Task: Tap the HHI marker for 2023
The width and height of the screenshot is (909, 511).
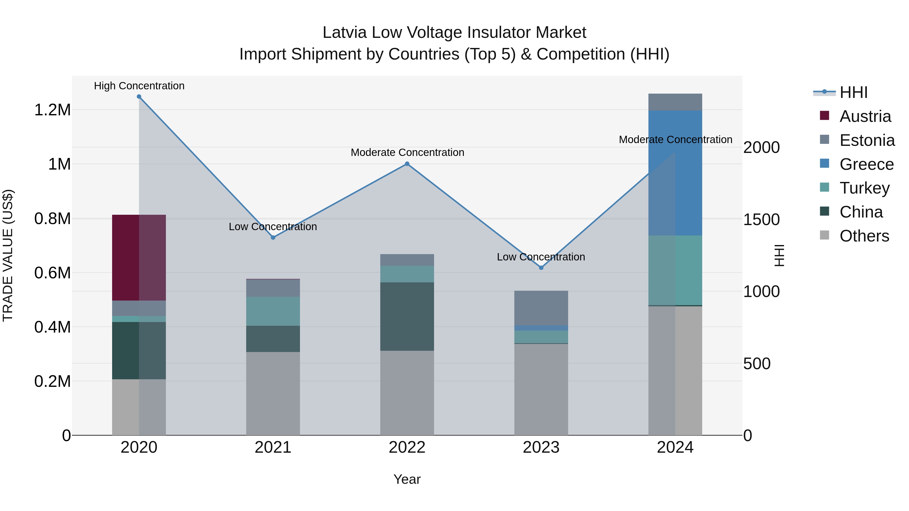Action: click(541, 268)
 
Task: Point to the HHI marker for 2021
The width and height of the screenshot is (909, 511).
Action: click(273, 237)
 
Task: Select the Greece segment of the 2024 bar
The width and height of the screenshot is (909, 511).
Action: click(675, 173)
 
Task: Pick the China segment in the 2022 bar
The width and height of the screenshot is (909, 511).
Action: click(407, 316)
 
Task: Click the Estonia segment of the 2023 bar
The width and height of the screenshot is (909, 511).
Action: click(541, 308)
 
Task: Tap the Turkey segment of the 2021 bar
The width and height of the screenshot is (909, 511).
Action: click(273, 311)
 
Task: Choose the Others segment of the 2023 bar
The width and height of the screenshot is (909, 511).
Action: click(541, 389)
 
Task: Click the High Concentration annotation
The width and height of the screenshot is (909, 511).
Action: click(139, 86)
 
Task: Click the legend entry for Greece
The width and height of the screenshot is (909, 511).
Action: click(866, 164)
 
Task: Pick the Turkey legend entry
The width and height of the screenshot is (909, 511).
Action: click(864, 188)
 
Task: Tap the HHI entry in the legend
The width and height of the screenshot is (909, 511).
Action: click(853, 92)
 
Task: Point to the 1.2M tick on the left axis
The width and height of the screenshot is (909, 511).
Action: click(52, 110)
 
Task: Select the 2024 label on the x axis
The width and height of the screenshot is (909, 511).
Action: click(675, 447)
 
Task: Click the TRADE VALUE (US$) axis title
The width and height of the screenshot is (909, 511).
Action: click(8, 255)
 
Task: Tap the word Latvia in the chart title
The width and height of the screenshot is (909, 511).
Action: click(344, 33)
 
